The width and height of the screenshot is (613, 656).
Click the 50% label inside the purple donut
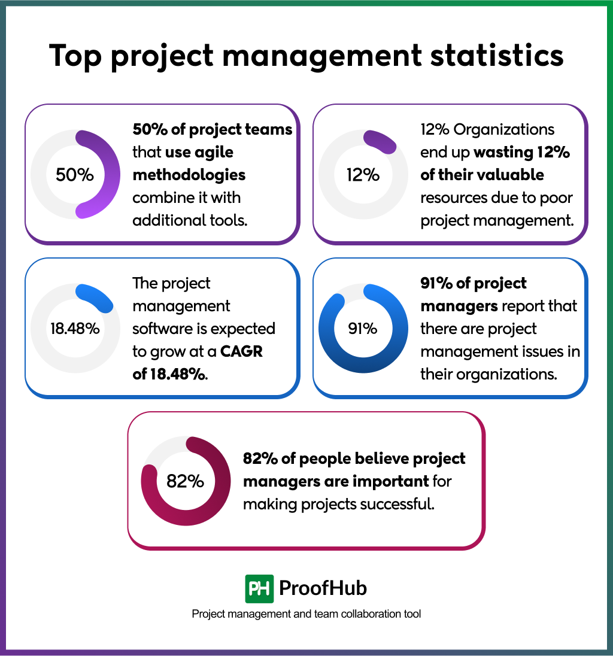pyautogui.click(x=75, y=175)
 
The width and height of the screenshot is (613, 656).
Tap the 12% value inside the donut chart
pyautogui.click(x=363, y=175)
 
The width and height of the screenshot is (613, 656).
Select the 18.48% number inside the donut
pyautogui.click(x=75, y=329)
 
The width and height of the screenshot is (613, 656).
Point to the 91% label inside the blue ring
pyautogui.click(x=363, y=329)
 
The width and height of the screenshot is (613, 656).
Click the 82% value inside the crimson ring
pyautogui.click(x=185, y=481)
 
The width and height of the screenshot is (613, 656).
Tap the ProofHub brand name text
pyautogui.click(x=323, y=588)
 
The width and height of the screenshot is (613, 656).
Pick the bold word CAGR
pyautogui.click(x=242, y=352)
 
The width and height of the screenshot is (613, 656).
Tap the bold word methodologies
pyautogui.click(x=189, y=175)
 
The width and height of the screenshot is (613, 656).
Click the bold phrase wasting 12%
pyautogui.click(x=521, y=152)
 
